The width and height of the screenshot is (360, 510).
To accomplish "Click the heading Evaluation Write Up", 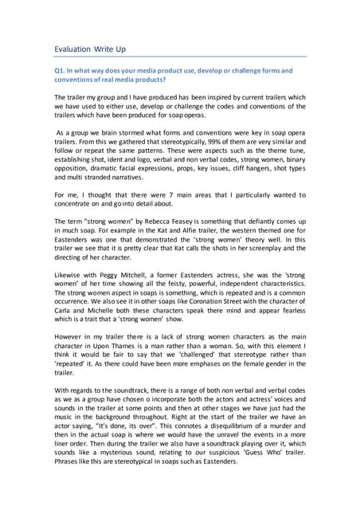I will (90, 49).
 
